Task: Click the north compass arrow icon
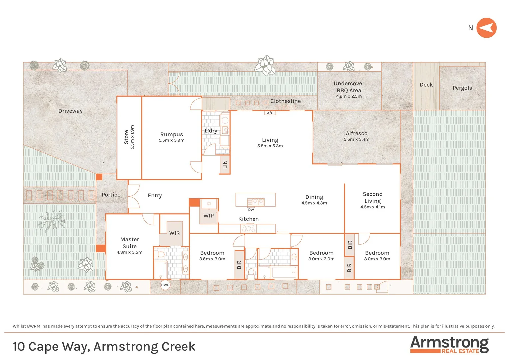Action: point(486,28)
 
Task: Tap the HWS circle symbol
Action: point(165,285)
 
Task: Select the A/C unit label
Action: point(270,113)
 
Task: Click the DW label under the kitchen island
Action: point(251,210)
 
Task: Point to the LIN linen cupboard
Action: point(225,164)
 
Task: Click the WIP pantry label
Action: point(209,216)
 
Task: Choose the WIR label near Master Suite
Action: point(174,233)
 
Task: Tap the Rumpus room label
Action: point(171,134)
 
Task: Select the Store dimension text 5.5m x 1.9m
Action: point(132,137)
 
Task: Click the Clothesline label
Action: point(285,101)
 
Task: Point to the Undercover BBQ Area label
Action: point(349,87)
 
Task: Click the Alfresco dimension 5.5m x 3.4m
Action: point(356,139)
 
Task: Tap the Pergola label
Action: point(462,88)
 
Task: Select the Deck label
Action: point(426,85)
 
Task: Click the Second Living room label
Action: point(372,197)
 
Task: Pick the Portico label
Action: point(111,195)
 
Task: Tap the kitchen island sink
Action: point(256,202)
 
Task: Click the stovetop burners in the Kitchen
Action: point(249,229)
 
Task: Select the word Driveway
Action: point(70,111)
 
